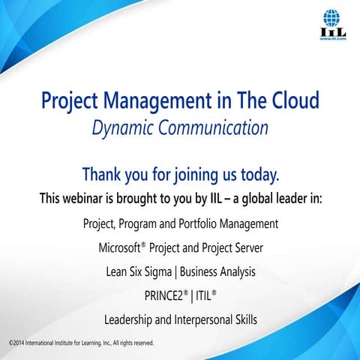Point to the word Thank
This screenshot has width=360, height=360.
pos(102,175)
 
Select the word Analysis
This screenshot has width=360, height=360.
pos(234,271)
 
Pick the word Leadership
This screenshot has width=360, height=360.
pos(130,319)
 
